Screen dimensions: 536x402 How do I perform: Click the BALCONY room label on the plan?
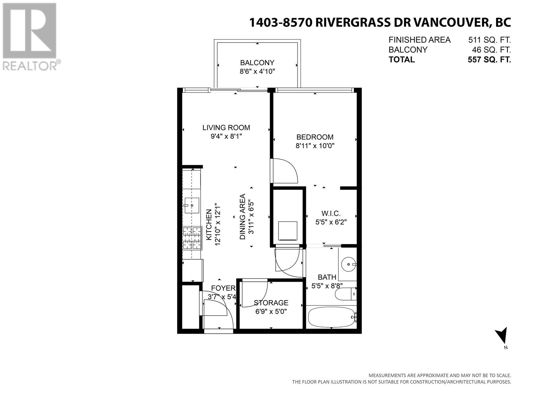(x=257, y=63)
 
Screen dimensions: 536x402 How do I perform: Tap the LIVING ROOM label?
(x=226, y=127)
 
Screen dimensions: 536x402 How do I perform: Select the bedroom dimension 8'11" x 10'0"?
(x=315, y=146)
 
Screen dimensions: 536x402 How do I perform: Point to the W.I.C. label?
(x=331, y=213)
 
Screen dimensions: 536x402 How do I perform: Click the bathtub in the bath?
(x=331, y=317)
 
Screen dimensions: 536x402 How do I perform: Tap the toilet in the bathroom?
(x=345, y=294)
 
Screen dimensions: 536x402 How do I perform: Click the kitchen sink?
(x=192, y=205)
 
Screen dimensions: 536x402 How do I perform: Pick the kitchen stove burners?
(x=192, y=238)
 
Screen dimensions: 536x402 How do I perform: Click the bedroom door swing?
(x=284, y=171)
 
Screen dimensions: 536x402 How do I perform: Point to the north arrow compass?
(x=502, y=336)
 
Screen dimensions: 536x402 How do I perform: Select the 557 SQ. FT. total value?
(x=489, y=60)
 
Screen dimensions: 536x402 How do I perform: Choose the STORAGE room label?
(x=271, y=303)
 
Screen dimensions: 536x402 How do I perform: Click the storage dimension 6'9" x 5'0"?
(x=271, y=312)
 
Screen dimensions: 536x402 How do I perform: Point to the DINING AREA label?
(x=242, y=217)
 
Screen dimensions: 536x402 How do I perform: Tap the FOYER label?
(x=223, y=288)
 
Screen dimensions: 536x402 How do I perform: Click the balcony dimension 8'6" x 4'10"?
(x=257, y=71)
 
